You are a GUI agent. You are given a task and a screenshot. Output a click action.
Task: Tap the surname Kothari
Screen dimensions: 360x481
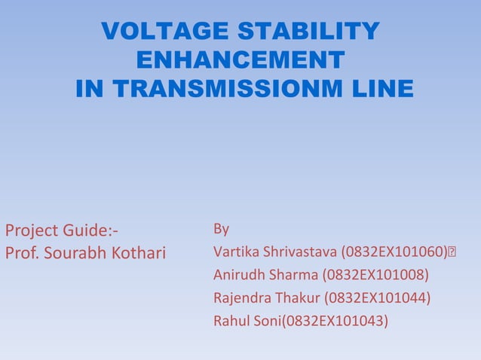coord(138,252)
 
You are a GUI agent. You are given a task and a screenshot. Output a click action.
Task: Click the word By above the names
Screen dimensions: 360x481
coord(222,228)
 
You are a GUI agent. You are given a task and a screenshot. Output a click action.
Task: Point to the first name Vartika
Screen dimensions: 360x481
coord(234,251)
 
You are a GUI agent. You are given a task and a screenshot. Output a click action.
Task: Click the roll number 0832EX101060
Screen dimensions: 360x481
coord(395,251)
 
